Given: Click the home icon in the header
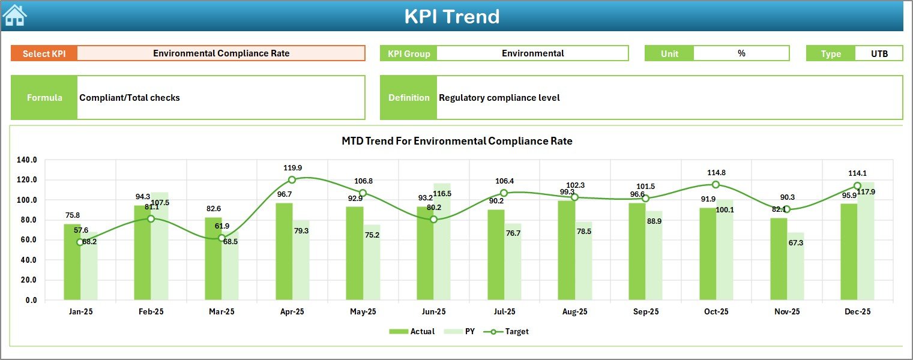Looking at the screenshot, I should tap(14, 16).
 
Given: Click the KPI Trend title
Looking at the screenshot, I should tap(451, 16).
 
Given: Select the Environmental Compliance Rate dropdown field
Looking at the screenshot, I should tap(221, 53).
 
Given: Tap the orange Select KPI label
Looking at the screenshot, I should tap(44, 53).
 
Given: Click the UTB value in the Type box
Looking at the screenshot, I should tap(879, 53).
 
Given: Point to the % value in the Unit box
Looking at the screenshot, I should tap(741, 53).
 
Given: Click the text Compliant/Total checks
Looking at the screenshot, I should tap(130, 98).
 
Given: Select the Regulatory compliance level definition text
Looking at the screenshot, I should tap(499, 98).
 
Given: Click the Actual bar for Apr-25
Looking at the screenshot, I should tap(284, 252).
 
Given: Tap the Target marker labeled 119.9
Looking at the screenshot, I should tap(292, 180).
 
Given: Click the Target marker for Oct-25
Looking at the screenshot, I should tap(716, 185).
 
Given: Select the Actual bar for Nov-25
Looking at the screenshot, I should tap(779, 259).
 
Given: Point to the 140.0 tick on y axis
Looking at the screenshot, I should tap(27, 160).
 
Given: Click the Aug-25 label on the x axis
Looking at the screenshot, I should tap(574, 312).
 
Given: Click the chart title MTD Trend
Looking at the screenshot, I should tap(457, 142).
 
